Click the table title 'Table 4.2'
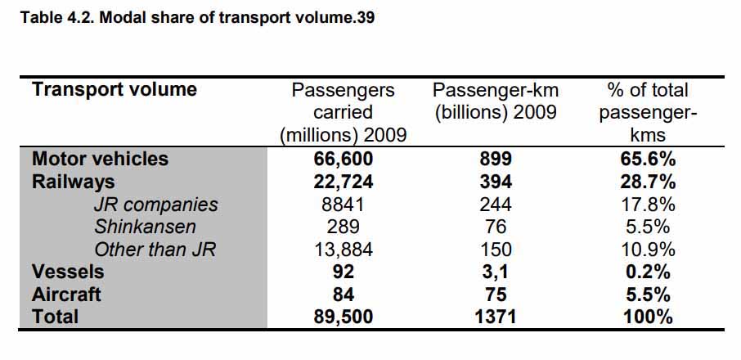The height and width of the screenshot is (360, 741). [x=196, y=16]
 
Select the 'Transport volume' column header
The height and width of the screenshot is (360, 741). [x=114, y=90]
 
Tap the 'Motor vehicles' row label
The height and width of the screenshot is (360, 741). [x=100, y=159]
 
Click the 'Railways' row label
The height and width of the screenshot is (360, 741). [x=73, y=182]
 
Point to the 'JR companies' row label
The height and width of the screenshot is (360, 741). [x=155, y=205]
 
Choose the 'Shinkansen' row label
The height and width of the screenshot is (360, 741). [x=145, y=227]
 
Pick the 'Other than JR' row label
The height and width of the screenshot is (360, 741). [x=155, y=250]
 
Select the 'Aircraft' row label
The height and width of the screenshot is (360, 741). [x=66, y=295]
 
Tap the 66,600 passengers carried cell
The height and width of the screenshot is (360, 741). [x=343, y=159]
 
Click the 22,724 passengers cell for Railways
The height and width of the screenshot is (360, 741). [x=343, y=182]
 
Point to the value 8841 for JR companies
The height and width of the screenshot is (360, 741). [x=343, y=205]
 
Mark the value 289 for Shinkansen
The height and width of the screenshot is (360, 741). [x=343, y=227]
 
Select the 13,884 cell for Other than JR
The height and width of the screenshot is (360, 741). [x=343, y=250]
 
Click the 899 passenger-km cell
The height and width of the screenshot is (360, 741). [x=495, y=159]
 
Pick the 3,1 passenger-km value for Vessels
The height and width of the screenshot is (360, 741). [x=495, y=272]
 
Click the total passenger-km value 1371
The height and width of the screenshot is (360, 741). [x=495, y=317]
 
